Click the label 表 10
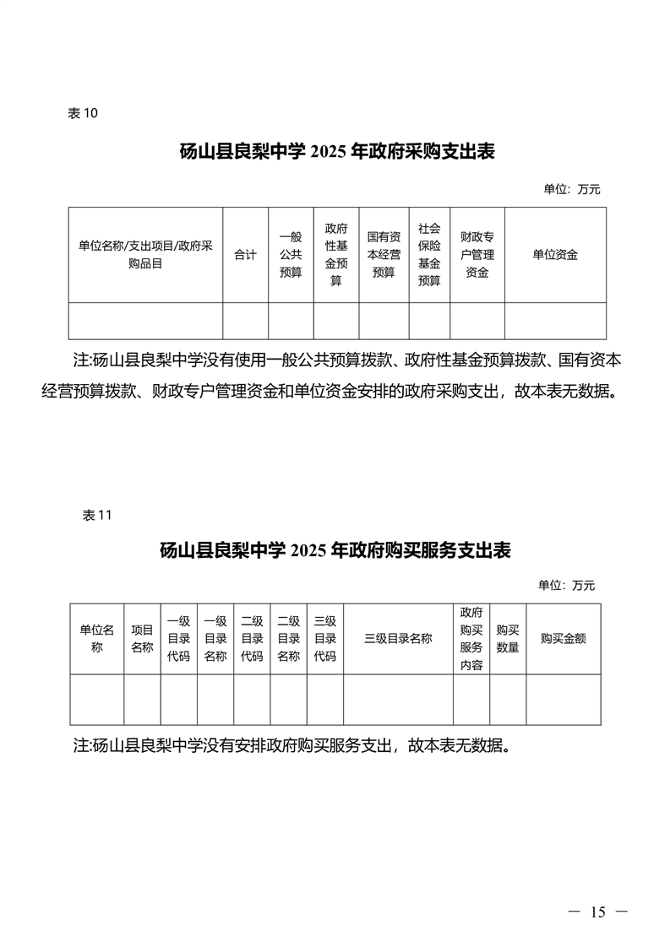click(82, 114)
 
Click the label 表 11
click(97, 515)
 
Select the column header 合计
click(246, 255)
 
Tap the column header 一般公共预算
click(291, 255)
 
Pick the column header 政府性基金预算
click(336, 255)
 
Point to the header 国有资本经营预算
click(384, 255)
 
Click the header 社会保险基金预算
click(429, 255)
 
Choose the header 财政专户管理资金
click(477, 255)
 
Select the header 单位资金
click(555, 255)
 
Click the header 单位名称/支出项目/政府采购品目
click(145, 255)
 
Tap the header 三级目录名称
click(398, 638)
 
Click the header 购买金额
click(563, 638)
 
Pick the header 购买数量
click(508, 638)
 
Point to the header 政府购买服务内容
click(471, 638)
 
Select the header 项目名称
click(142, 638)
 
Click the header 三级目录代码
click(325, 638)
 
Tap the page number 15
click(597, 912)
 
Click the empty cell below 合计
click(246, 321)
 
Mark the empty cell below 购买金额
click(563, 700)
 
